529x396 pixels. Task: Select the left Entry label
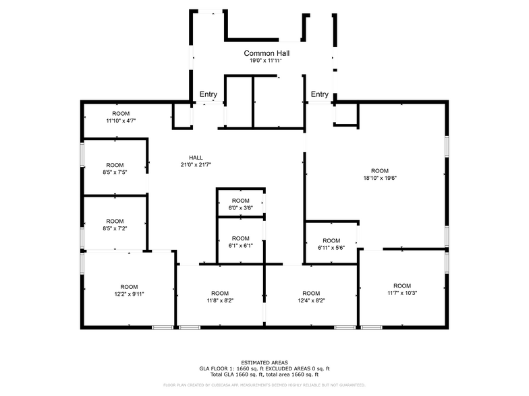click(x=208, y=94)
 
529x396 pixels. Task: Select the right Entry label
click(x=320, y=94)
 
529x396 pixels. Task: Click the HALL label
click(x=196, y=158)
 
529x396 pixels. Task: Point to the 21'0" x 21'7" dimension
click(x=196, y=165)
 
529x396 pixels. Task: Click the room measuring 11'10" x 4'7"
click(x=121, y=117)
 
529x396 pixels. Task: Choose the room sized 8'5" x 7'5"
click(x=115, y=168)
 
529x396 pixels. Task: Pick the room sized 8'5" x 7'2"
click(x=115, y=224)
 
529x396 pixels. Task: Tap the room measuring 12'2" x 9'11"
click(x=129, y=290)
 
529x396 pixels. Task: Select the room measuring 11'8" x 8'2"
click(x=220, y=297)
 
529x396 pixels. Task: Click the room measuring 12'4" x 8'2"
click(x=311, y=297)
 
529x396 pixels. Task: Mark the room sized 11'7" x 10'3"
click(x=402, y=289)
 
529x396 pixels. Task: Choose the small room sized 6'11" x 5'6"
click(x=331, y=244)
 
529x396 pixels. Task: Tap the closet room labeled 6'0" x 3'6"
click(x=241, y=204)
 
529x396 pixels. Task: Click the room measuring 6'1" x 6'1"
click(x=241, y=242)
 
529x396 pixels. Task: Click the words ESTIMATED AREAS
click(x=264, y=362)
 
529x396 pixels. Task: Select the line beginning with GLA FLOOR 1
click(x=264, y=368)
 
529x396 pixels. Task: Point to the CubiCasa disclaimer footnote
click(x=264, y=385)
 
